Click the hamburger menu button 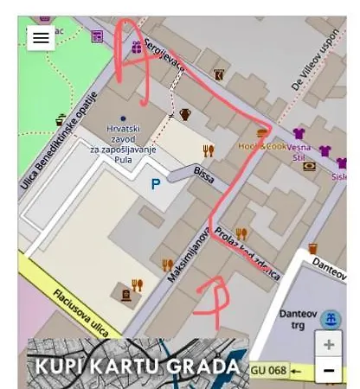click(41, 37)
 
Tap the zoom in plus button click(328, 344)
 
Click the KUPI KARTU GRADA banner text click(137, 366)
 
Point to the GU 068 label click(267, 370)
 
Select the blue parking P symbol click(156, 183)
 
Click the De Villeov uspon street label click(315, 63)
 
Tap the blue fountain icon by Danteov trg click(330, 319)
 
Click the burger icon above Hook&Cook click(261, 132)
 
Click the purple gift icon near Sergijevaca click(136, 46)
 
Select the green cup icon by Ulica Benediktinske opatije click(61, 120)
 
